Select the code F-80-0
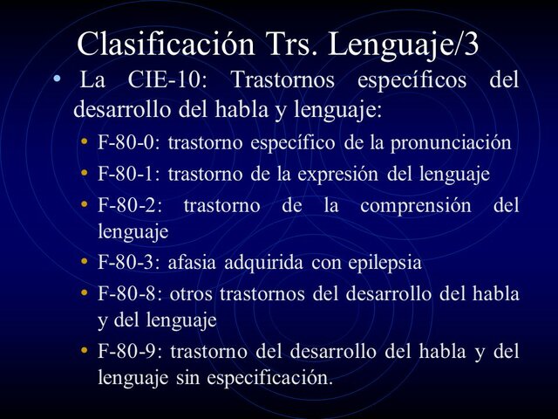pyautogui.click(x=128, y=142)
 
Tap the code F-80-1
pyautogui.click(x=128, y=174)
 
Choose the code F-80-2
pyautogui.click(x=128, y=206)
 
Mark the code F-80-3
pyautogui.click(x=128, y=262)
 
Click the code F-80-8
pyautogui.click(x=129, y=294)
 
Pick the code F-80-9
pyautogui.click(x=129, y=352)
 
